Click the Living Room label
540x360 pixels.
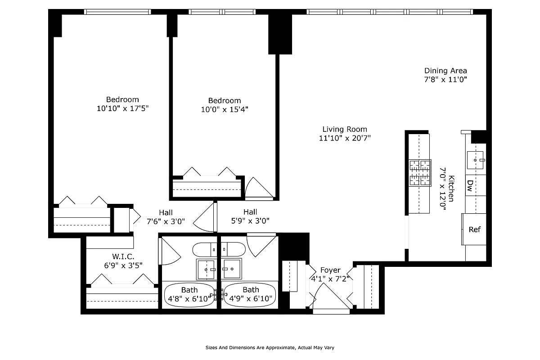click(x=345, y=129)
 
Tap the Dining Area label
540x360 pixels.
click(x=445, y=71)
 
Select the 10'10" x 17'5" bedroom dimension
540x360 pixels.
click(x=122, y=108)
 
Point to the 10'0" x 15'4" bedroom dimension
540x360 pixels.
click(x=225, y=109)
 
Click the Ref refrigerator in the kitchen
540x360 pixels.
click(x=474, y=229)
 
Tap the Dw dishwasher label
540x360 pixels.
click(x=469, y=185)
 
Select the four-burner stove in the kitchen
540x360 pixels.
click(x=419, y=173)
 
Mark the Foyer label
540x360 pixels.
click(x=330, y=270)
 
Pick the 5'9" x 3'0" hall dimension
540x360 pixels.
click(x=250, y=221)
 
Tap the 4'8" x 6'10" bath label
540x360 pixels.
click(x=189, y=298)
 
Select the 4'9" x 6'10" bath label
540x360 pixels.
click(x=251, y=298)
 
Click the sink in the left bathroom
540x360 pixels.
click(x=207, y=269)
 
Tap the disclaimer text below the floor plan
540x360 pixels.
click(x=270, y=348)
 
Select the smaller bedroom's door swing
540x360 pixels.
click(x=258, y=188)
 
